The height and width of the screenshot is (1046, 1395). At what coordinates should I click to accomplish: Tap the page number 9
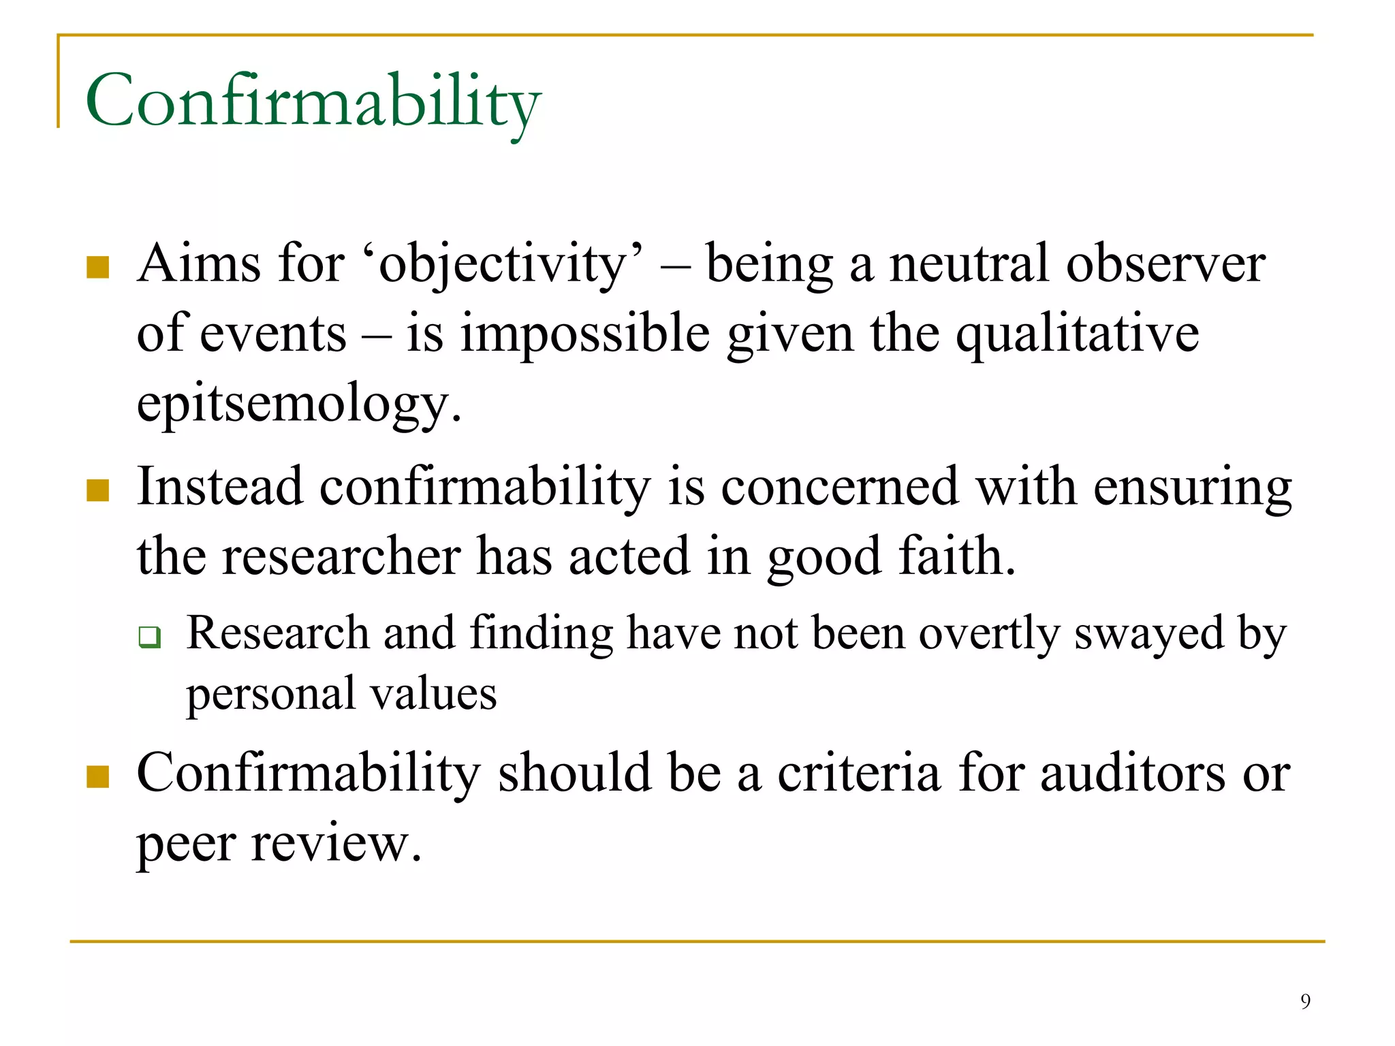(1305, 1001)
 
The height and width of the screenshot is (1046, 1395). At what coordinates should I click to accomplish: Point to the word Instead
(220, 486)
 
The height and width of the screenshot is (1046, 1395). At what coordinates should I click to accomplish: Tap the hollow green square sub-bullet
(149, 637)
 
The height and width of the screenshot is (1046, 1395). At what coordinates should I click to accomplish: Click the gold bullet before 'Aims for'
(98, 267)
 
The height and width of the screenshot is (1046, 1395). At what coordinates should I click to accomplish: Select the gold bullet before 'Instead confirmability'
(98, 490)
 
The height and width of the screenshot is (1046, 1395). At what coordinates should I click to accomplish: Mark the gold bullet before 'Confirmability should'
(98, 776)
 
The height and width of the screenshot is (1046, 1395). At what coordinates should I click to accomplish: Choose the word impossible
(585, 334)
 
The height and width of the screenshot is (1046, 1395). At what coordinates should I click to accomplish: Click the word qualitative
(1077, 334)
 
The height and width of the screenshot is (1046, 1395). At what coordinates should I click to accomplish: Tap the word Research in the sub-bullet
(278, 633)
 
